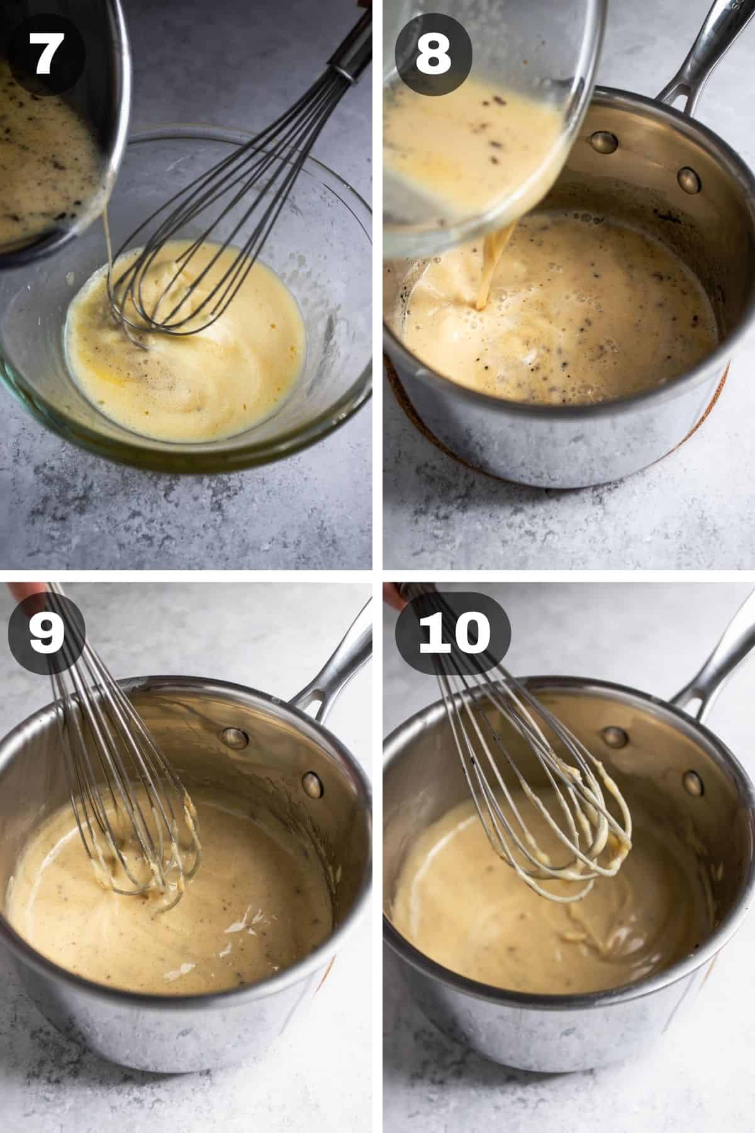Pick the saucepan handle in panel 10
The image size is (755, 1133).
click(711, 655)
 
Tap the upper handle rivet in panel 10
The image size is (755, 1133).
click(615, 736)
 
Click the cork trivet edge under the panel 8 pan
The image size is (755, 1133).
click(698, 422)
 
